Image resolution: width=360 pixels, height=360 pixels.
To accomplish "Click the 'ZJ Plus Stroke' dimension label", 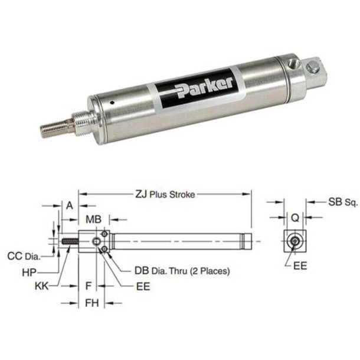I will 163,194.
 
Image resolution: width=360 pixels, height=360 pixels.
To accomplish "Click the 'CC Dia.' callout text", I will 23,256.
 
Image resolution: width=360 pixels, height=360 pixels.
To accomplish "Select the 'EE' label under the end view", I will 300,266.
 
